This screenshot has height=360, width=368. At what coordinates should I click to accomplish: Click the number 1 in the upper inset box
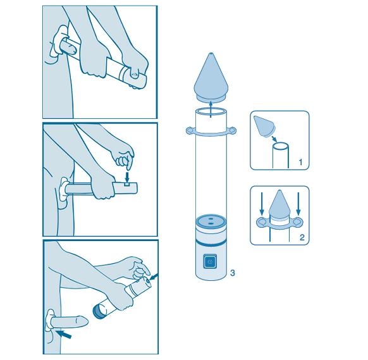tap(300, 162)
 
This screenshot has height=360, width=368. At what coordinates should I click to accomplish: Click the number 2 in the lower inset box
tap(302, 237)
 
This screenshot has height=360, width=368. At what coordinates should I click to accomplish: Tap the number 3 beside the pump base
tap(232, 273)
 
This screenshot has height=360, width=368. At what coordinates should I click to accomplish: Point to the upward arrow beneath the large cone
tap(211, 109)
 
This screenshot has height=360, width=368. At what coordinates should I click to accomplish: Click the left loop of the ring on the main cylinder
tap(190, 130)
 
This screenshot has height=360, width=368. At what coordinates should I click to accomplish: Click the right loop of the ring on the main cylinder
tap(232, 130)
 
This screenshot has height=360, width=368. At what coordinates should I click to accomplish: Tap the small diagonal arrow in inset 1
tap(274, 139)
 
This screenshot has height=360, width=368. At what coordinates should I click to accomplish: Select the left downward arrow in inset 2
tap(262, 204)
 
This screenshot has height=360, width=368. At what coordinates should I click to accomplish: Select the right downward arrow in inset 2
tap(298, 204)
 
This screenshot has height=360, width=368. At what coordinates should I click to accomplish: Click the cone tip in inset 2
tap(279, 190)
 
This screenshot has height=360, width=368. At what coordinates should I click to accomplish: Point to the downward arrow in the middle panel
tap(127, 177)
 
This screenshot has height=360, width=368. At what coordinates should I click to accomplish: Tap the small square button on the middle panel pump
tap(126, 184)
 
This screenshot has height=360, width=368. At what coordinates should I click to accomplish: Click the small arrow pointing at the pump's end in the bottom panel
tap(154, 276)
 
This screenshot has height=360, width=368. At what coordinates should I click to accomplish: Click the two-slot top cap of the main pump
tap(211, 221)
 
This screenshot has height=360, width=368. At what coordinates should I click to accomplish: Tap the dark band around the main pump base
tap(211, 242)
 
